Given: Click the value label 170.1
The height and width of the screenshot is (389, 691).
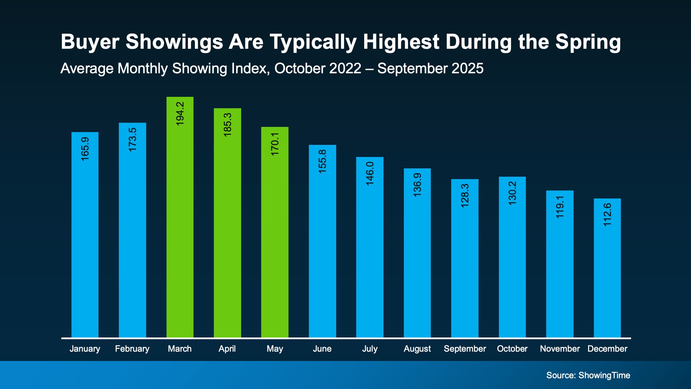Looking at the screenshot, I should (275, 144).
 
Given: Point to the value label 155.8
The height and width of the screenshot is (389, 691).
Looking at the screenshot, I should (322, 161).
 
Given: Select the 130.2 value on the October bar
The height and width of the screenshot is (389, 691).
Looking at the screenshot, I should (512, 193).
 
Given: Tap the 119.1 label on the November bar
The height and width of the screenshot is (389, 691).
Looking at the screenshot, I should (560, 207).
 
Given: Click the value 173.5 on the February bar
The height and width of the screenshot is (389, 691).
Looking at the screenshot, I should (133, 139).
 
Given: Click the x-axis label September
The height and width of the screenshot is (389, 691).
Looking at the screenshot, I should (465, 349).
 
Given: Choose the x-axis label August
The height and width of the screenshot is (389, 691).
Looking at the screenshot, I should (417, 349).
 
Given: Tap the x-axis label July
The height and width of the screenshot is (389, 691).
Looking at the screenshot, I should (370, 349).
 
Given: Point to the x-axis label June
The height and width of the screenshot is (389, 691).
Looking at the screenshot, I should (322, 349).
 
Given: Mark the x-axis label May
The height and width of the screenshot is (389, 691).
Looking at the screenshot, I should (275, 349).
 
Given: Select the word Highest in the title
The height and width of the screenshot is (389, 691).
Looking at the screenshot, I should (401, 42).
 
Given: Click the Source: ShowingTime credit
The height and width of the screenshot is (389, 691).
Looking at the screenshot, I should (588, 375).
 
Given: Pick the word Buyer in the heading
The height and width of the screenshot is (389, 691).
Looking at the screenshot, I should (90, 42).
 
